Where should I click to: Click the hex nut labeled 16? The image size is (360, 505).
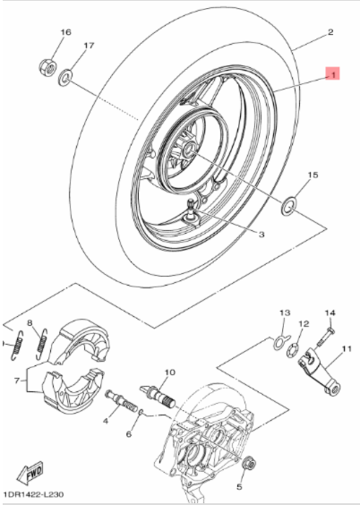tap(48, 66)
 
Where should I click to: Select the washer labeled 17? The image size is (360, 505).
tap(65, 78)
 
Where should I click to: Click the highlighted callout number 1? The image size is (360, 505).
tap(332, 73)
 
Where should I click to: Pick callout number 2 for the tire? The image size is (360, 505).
tap(330, 32)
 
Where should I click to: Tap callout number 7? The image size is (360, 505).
tap(17, 381)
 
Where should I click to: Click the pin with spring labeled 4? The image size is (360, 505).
tap(122, 399)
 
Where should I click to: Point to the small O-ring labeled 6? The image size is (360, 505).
tap(141, 412)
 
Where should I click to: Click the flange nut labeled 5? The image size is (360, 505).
tap(250, 464)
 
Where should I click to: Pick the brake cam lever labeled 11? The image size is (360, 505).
tap(318, 371)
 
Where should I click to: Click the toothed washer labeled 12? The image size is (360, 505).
tap(292, 350)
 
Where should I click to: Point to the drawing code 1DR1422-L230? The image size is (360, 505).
tap(34, 494)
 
